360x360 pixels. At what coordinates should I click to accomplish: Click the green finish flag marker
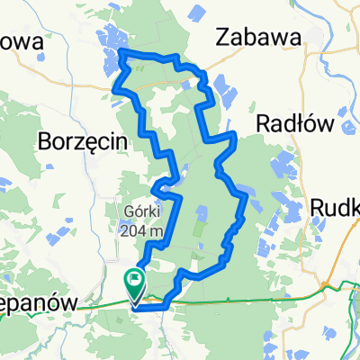(134, 284)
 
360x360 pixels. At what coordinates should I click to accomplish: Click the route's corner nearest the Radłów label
(235, 134)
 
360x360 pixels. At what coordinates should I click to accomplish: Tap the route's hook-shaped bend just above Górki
(157, 187)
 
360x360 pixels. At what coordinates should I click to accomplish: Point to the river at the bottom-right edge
(355, 297)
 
